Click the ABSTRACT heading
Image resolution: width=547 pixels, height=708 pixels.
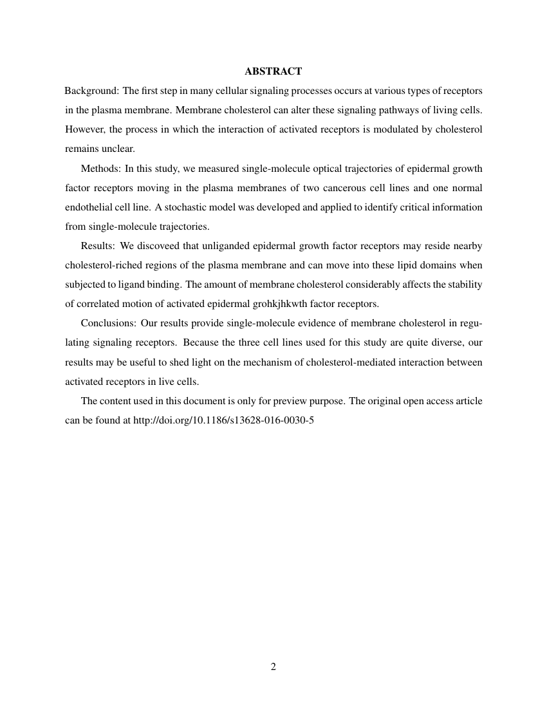pos(273,71)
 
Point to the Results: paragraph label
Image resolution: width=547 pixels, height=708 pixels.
pos(100,247)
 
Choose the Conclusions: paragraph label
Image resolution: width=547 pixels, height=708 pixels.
pos(109,324)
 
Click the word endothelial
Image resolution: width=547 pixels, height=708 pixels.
pos(90,207)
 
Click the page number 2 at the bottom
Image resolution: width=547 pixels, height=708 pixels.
pos(273,667)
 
